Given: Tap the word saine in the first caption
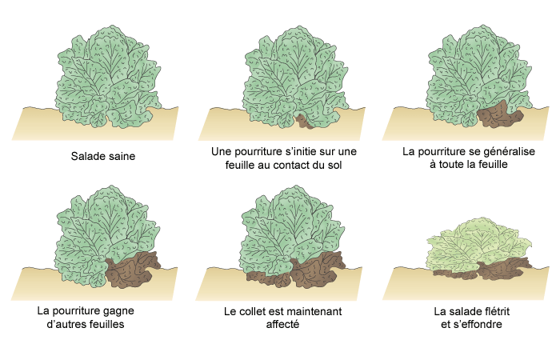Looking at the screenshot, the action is click(x=122, y=156).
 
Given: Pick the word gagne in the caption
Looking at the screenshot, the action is click(x=119, y=311).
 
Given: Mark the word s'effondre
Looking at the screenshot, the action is click(x=477, y=324).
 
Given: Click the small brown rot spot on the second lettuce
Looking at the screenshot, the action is click(x=304, y=122).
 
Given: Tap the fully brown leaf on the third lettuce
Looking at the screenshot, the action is click(x=499, y=115).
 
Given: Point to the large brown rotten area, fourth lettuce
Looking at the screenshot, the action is click(x=132, y=270).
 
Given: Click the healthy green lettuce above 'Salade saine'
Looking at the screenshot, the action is click(x=108, y=76).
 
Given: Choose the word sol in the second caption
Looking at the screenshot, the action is click(x=334, y=166).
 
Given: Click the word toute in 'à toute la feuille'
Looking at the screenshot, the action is click(x=450, y=164).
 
